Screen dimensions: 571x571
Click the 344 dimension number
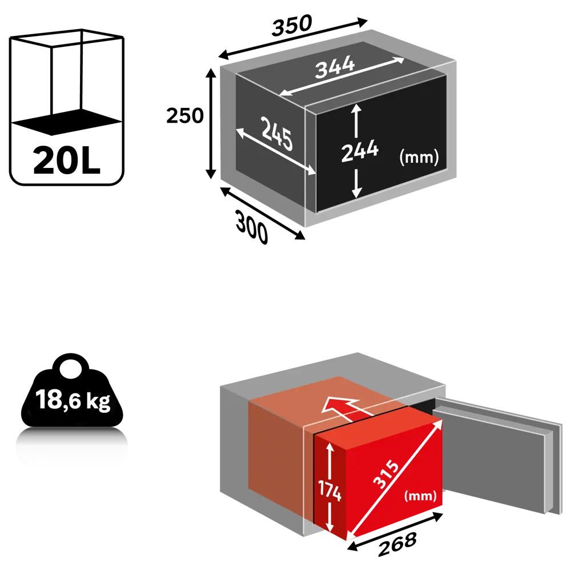[x=335, y=68]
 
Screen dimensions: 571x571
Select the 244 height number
[x=360, y=151]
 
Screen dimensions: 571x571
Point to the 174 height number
[x=330, y=490]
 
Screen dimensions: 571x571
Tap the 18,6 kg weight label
[x=73, y=400]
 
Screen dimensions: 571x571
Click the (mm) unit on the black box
[x=420, y=157]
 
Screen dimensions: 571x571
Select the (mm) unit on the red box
[x=421, y=496]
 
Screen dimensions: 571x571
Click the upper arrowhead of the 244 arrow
[x=356, y=108]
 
